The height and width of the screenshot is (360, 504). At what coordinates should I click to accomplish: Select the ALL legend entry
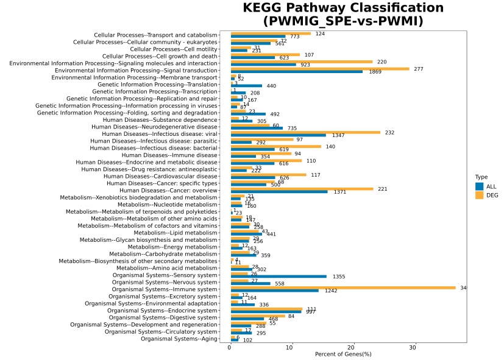(480, 186)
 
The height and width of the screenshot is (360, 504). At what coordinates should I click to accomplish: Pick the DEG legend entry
(480, 195)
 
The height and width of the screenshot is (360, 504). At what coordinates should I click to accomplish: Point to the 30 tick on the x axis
(413, 347)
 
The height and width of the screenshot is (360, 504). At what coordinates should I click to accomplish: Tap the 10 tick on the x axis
(291, 347)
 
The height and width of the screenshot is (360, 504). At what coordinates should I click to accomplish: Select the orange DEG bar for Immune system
(343, 288)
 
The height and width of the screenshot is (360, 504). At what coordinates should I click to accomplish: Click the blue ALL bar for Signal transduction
(297, 72)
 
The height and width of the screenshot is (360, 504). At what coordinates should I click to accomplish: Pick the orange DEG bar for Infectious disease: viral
(305, 132)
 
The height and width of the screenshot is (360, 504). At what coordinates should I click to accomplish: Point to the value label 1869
(376, 72)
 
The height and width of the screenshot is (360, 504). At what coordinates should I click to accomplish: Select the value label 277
(418, 69)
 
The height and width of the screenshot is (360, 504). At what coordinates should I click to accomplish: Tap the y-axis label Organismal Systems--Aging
(179, 339)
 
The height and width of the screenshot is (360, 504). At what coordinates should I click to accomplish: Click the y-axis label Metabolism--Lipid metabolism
(176, 233)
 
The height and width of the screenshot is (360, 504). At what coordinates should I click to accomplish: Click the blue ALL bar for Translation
(246, 86)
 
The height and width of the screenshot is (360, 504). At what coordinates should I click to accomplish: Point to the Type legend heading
(481, 177)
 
